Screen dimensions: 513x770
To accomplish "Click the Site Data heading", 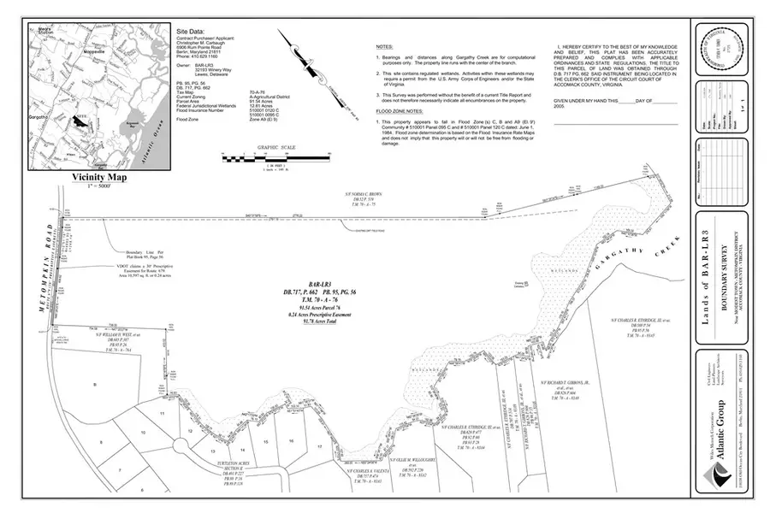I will (189, 30).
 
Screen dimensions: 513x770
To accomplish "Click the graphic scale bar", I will (275, 157).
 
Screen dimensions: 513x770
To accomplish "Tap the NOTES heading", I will (385, 46).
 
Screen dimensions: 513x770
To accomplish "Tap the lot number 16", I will (291, 440).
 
